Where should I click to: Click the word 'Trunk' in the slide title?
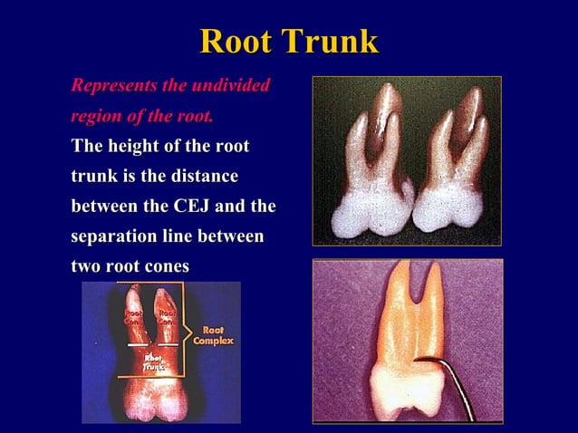click(x=330, y=42)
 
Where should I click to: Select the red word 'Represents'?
click(x=112, y=86)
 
